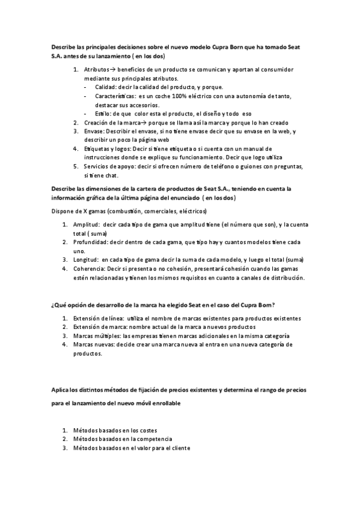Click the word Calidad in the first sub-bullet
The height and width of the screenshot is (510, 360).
click(x=106, y=87)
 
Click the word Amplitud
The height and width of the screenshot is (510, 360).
click(x=87, y=224)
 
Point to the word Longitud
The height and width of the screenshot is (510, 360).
click(x=85, y=260)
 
